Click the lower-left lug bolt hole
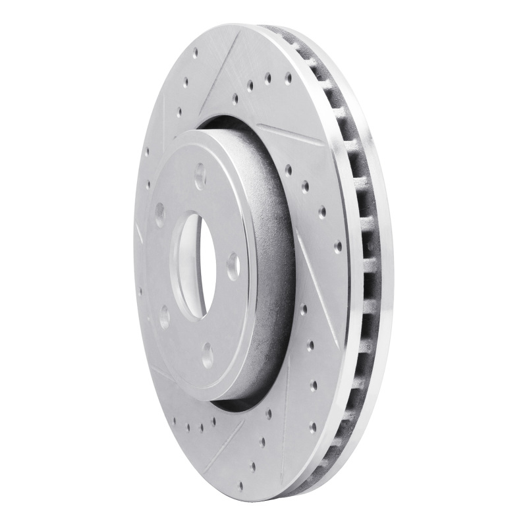tap(163, 316)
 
